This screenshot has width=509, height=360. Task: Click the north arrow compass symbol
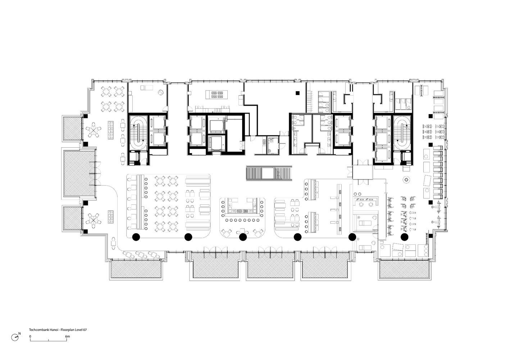point(15,337)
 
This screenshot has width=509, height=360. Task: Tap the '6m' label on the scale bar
point(68,336)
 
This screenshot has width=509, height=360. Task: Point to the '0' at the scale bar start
point(30,336)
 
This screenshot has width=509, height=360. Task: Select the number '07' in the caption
point(85,330)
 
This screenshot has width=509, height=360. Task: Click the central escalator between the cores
point(269,173)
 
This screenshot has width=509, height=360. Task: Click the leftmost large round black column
point(136,237)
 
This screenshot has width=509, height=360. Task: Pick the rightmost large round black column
point(404,237)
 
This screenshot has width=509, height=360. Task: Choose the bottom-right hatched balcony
point(405,270)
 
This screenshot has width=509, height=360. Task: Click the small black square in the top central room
point(297,93)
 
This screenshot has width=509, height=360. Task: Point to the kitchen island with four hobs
point(217,95)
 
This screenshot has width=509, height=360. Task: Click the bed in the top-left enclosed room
point(146,88)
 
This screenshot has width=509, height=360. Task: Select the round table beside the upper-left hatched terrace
point(93,130)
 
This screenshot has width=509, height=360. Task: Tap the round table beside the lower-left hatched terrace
point(93,220)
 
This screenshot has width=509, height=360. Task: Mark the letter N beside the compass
point(19,334)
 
